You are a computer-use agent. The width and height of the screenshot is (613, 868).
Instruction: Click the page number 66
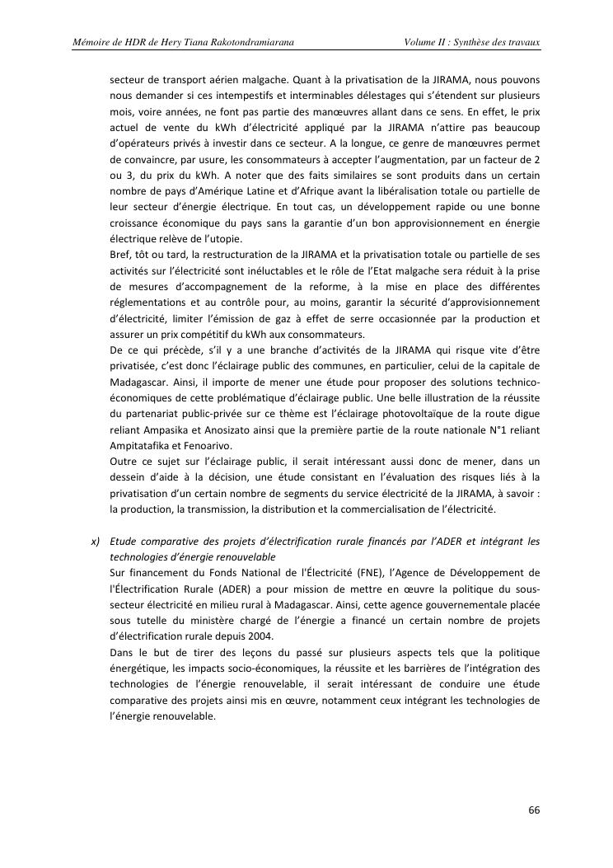[534, 809]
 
